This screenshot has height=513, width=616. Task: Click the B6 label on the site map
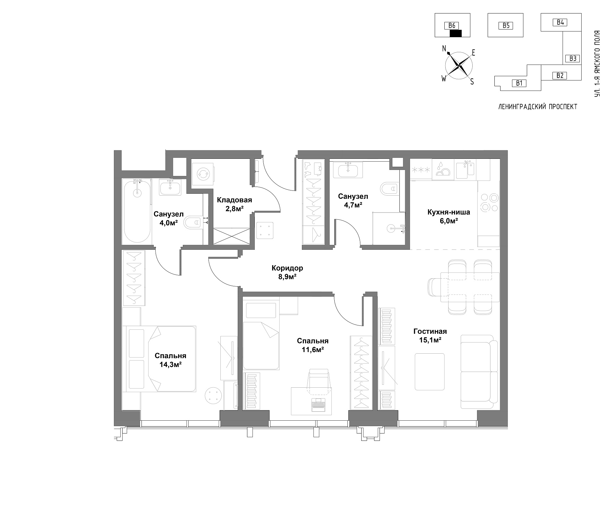[x=452, y=26]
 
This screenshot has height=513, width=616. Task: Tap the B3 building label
[x=573, y=58]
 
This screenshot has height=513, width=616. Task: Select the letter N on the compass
[x=444, y=49]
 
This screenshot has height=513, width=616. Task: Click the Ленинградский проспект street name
[x=538, y=107]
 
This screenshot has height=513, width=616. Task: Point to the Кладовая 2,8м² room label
[x=235, y=204]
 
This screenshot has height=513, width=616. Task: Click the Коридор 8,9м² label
[x=287, y=272]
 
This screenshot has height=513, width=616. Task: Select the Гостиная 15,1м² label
[x=430, y=336]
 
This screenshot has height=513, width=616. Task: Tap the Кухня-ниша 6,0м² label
[x=449, y=216]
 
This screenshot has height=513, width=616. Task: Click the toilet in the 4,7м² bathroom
[x=389, y=189]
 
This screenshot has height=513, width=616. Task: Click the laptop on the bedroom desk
[x=318, y=405]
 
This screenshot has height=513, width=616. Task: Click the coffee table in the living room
[x=430, y=372]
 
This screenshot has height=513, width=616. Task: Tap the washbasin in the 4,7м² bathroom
[x=348, y=169]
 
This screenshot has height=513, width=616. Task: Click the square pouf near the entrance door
[x=265, y=230]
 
